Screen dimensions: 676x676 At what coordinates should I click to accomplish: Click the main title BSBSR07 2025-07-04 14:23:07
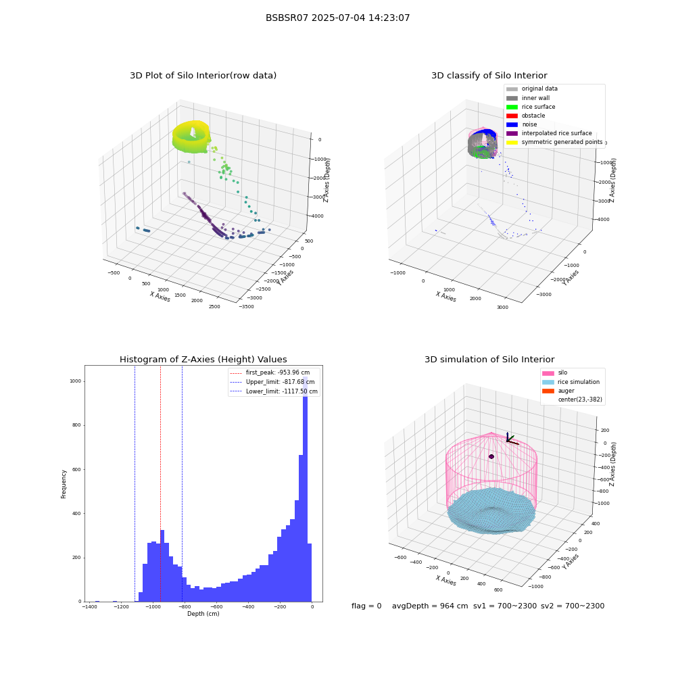point(337,18)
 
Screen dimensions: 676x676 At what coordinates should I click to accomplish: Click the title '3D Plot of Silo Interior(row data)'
point(203,76)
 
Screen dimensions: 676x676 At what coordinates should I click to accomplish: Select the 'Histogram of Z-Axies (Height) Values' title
point(203,359)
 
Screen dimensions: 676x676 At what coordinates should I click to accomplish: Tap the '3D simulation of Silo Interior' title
point(489,359)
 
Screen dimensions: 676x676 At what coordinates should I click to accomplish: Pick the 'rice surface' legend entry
point(531,107)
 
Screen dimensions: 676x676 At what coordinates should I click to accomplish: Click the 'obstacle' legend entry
point(525,116)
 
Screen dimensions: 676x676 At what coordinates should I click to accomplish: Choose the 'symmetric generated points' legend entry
point(554,142)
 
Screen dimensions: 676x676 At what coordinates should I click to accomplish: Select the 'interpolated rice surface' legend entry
point(549,133)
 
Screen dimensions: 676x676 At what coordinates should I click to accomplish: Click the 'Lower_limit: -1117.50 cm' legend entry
point(274,391)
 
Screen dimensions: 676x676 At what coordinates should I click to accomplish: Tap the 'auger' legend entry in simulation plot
point(558,391)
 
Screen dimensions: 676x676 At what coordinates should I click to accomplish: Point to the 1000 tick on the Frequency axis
point(76,381)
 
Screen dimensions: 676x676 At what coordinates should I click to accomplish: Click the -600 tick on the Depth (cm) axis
point(216,606)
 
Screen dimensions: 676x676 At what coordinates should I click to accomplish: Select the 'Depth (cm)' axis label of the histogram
point(203,614)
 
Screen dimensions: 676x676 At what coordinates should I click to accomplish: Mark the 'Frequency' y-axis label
point(64,484)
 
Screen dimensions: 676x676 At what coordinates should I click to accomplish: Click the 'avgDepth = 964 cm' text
point(430,606)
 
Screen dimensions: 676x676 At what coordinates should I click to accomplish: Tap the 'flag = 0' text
point(366,606)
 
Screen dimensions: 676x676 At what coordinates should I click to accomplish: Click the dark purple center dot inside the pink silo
point(491,456)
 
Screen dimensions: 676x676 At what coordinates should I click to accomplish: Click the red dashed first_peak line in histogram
point(160,483)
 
